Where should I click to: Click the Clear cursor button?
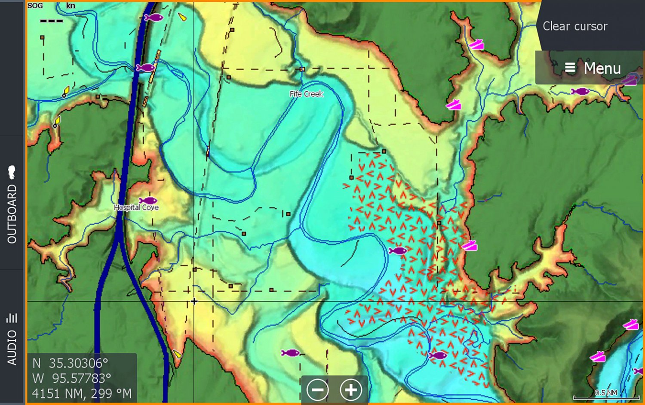point(574,26)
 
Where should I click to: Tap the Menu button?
point(592,68)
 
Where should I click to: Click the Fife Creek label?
point(306,94)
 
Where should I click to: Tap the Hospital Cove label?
point(136,207)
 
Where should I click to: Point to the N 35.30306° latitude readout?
point(70,363)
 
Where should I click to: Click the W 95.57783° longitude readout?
point(71,378)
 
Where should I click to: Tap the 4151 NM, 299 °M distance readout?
point(82,393)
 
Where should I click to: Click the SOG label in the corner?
point(35,6)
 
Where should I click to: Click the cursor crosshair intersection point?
point(194,301)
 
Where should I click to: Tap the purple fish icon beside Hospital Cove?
point(148,201)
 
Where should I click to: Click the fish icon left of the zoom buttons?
point(290,353)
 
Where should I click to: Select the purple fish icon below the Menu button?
point(580,91)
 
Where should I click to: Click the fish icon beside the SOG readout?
point(154,18)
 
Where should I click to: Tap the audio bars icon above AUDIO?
point(12,318)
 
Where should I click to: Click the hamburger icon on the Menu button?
point(570,68)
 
